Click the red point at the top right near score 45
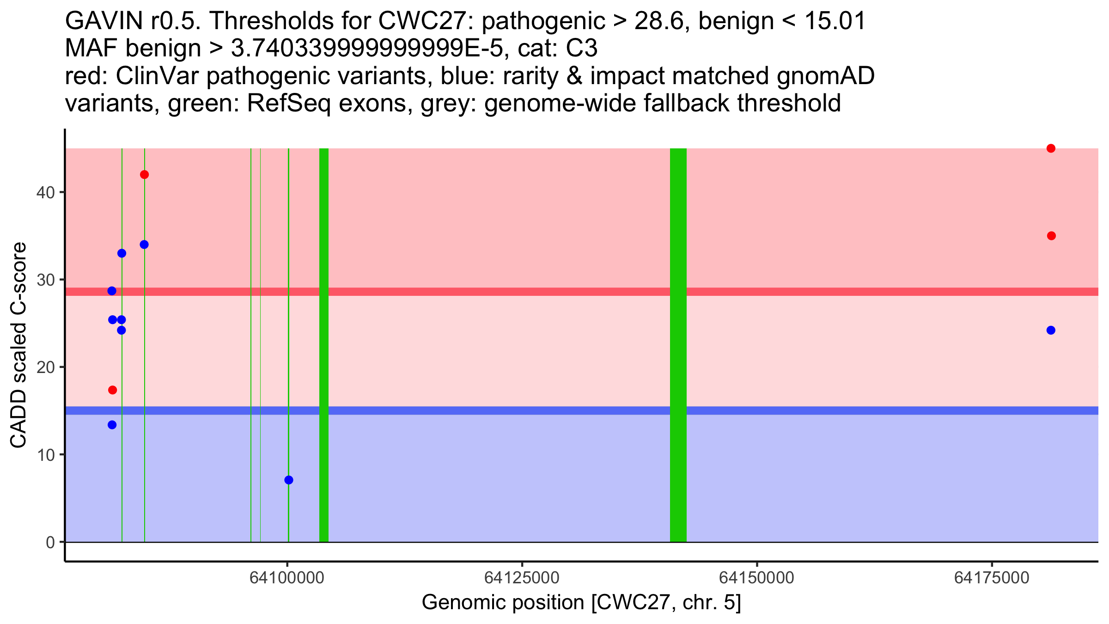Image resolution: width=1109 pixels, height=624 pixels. click(1051, 148)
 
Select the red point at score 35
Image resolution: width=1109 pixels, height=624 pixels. click(1051, 236)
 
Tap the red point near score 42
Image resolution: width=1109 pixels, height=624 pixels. click(144, 175)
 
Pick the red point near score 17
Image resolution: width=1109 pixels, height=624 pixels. click(112, 390)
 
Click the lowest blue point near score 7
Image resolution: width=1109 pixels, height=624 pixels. click(289, 480)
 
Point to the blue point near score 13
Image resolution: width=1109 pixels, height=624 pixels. click(112, 425)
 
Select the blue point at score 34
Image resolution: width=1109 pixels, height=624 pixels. click(144, 245)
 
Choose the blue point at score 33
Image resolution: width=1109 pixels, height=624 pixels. click(122, 253)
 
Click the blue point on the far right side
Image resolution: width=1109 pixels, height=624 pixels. click(1051, 330)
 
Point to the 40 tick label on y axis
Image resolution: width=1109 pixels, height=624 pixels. click(45, 192)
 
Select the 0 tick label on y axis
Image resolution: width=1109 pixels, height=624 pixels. click(50, 542)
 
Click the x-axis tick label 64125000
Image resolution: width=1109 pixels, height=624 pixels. click(522, 578)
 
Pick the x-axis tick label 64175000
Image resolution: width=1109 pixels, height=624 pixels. click(992, 578)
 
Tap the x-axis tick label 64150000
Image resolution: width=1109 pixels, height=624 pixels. click(757, 578)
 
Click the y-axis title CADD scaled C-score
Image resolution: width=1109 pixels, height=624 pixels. click(18, 345)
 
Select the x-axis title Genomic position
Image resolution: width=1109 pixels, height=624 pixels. click(581, 603)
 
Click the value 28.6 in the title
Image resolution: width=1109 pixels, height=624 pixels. click(658, 21)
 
